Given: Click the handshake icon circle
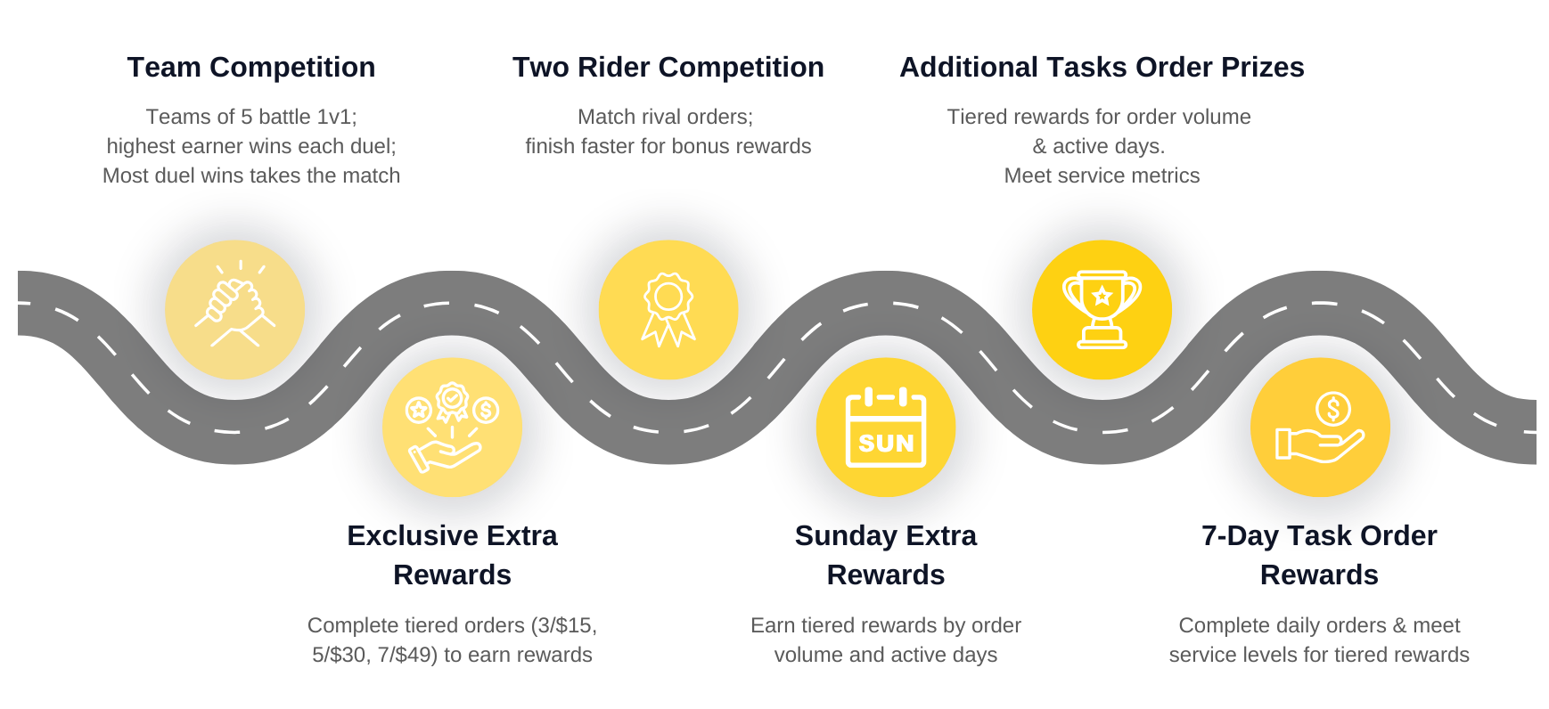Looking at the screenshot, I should coord(235,310).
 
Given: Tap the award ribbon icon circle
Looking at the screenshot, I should coord(668,310).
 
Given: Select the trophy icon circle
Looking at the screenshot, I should coord(1102,310).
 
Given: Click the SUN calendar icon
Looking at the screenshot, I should coord(886,428).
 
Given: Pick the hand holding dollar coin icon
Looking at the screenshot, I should coord(1320,428).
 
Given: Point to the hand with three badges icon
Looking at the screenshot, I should coord(453,428).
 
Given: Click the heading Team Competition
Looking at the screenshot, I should coord(250,68).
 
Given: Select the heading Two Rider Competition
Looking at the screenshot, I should coord(668,68).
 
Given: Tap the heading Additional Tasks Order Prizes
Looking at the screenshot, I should coord(1102,68).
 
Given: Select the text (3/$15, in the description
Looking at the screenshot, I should coord(564,625).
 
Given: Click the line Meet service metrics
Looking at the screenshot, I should coord(1102,175).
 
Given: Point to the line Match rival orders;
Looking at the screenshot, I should coord(665,117).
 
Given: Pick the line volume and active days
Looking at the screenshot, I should coord(886,655).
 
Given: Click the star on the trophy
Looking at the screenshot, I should coord(1102,296).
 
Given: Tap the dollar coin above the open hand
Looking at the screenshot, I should coord(1333,409).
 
